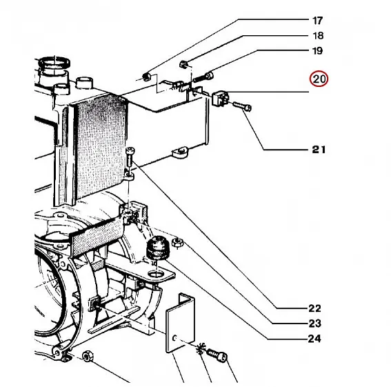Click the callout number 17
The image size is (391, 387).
pyautogui.click(x=317, y=21)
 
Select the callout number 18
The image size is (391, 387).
pyautogui.click(x=318, y=36)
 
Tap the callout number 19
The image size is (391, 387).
pyautogui.click(x=317, y=51)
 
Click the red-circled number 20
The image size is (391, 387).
pyautogui.click(x=319, y=79)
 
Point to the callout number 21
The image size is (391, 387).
pyautogui.click(x=319, y=150)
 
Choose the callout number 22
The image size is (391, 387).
pyautogui.click(x=314, y=308)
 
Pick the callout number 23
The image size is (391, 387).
pyautogui.click(x=314, y=324)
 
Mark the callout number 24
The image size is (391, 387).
pyautogui.click(x=314, y=339)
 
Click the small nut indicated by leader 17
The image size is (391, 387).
pyautogui.click(x=146, y=77)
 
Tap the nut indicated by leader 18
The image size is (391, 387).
pyautogui.click(x=183, y=64)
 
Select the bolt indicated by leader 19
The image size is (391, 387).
pyautogui.click(x=203, y=77)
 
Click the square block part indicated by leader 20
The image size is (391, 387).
pyautogui.click(x=221, y=98)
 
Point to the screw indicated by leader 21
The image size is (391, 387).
pyautogui.click(x=242, y=106)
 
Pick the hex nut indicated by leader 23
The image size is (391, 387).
pyautogui.click(x=177, y=243)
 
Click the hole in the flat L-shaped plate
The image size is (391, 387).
pyautogui.click(x=174, y=338)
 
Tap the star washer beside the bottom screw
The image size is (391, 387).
pyautogui.click(x=201, y=348)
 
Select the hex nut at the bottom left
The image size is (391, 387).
pyautogui.click(x=88, y=356)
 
